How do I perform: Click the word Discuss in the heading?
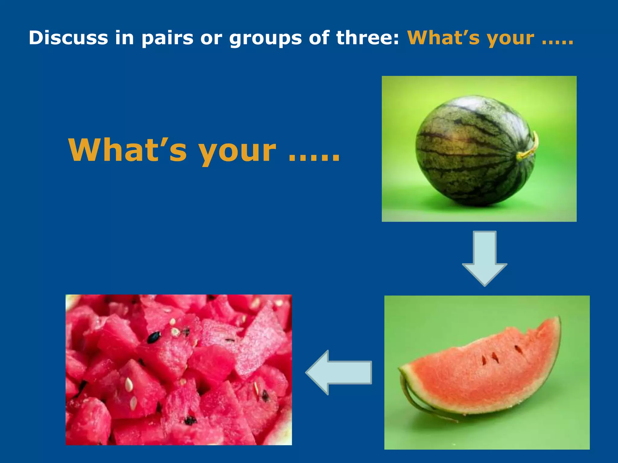coord(68,38)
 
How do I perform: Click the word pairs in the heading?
coord(167,39)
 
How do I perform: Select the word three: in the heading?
coord(368,38)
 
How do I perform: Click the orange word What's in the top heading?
coord(443,38)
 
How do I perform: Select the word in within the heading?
coord(124,38)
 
